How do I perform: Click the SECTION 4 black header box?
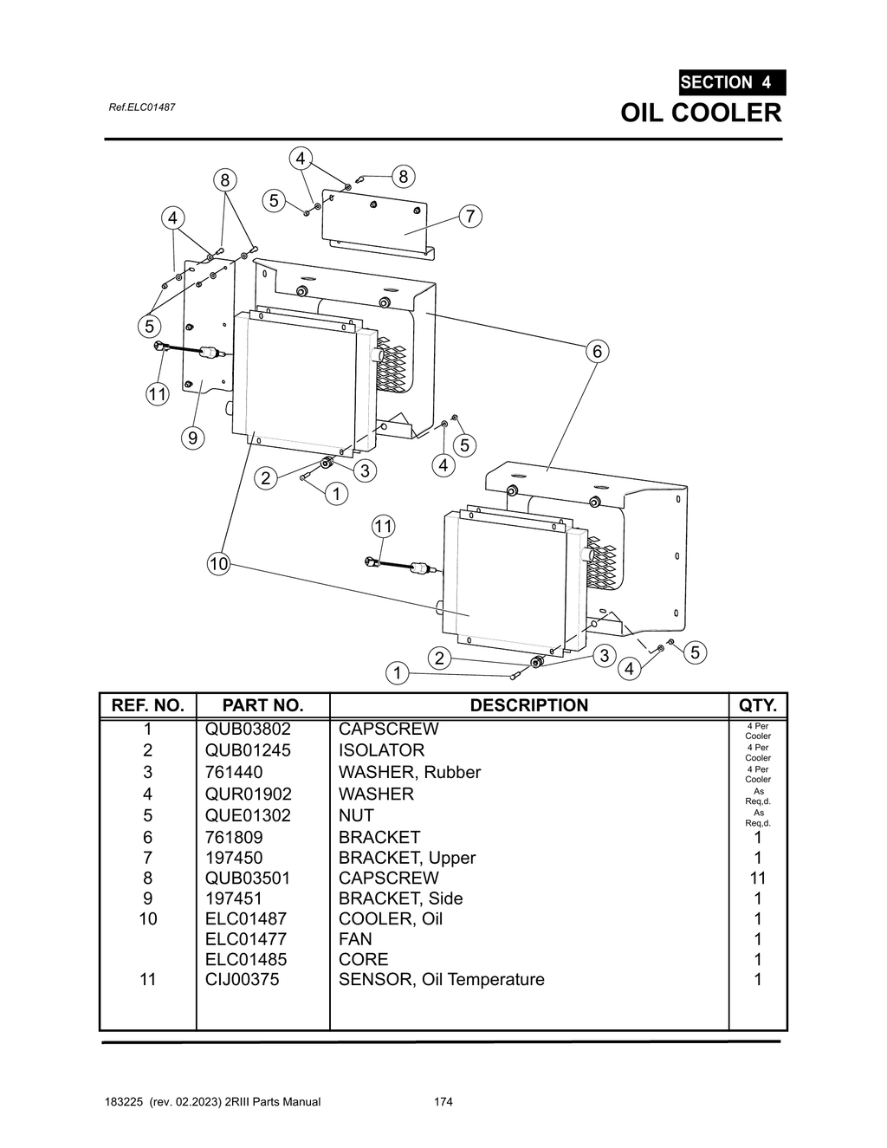732,82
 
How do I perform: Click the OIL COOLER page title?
701,113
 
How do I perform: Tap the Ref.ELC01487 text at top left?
142,107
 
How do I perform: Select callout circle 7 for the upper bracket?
469,216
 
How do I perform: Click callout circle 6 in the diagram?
596,351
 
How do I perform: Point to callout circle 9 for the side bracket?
192,438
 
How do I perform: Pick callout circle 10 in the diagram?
218,564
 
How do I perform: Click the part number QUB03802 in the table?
248,729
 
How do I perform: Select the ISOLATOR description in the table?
381,750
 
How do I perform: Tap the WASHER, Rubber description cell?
409,772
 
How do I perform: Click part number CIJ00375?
242,979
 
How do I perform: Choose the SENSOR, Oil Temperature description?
441,979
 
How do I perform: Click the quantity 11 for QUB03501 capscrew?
758,878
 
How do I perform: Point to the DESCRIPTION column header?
528,705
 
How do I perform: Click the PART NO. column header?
262,705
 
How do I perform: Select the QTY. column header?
758,705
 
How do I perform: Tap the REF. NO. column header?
148,705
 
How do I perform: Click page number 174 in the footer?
443,1102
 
